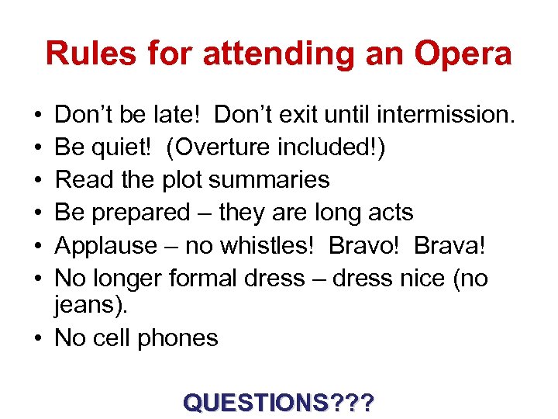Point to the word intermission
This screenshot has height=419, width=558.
point(445,115)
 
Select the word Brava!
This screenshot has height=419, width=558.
point(449,245)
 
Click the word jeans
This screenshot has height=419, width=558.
point(87,306)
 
